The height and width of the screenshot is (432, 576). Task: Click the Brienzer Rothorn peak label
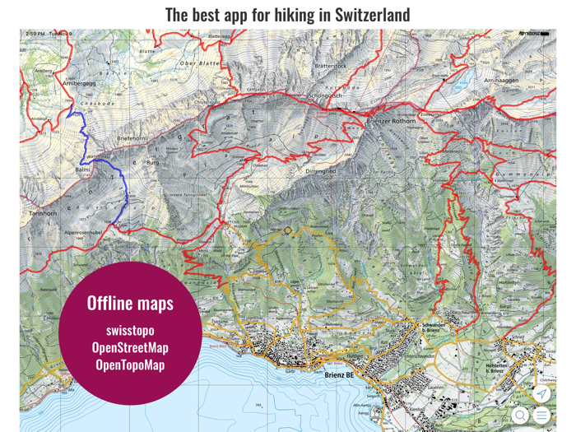[x=392, y=120]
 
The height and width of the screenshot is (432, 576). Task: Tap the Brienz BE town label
[x=337, y=374]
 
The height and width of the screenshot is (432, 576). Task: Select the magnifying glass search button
[x=520, y=416]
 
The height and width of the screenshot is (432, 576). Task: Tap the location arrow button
[x=541, y=394]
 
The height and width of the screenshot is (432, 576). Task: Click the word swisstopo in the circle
[x=130, y=331]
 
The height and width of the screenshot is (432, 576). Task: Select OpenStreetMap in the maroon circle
[x=130, y=348]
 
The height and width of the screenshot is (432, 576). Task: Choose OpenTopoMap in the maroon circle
[x=130, y=365]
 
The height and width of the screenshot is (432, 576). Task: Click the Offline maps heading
[x=130, y=303]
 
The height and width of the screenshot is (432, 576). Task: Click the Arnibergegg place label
[x=79, y=83]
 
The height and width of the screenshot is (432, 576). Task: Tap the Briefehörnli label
[x=132, y=138]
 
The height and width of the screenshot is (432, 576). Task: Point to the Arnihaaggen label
[x=501, y=81]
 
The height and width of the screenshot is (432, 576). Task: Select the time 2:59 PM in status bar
[x=35, y=34]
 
